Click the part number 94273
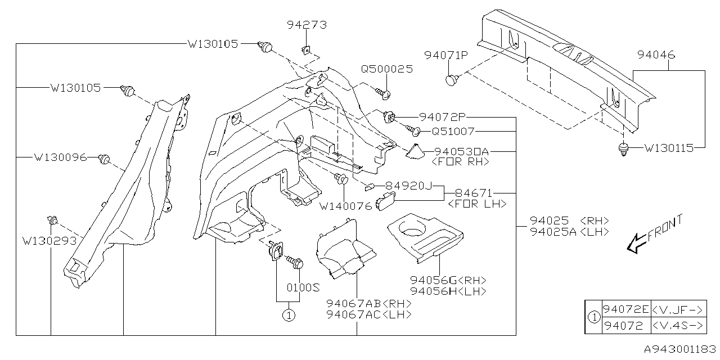coord(307,25)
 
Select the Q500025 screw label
coord(386,69)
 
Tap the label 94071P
coord(446,55)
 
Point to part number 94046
coord(656,55)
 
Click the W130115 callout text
coord(669,149)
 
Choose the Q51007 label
coord(453,131)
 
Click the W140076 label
coord(345,206)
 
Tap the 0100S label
coord(303,287)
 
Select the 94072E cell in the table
coord(625,309)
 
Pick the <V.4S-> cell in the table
coord(678,325)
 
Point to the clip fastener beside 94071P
coord(452,80)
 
